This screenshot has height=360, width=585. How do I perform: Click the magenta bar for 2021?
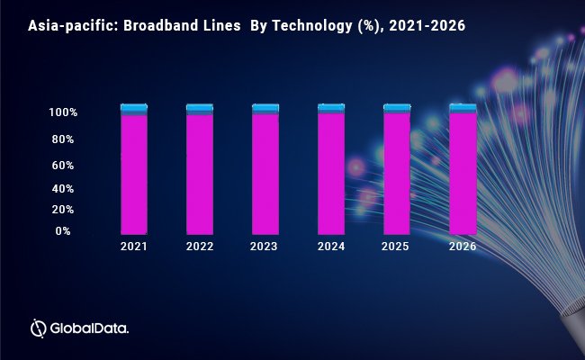click(134, 174)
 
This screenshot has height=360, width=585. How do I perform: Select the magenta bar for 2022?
click(200, 174)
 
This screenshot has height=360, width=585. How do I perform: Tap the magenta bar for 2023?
click(265, 174)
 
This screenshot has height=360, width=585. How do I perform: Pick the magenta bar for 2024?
click(331, 174)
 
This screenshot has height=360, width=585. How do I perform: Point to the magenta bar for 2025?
click(397, 174)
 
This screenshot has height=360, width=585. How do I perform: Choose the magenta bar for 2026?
click(463, 174)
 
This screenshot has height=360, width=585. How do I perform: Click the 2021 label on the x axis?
click(134, 245)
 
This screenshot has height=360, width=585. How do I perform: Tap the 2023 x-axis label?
click(265, 245)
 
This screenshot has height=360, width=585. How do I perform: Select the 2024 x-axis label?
click(331, 245)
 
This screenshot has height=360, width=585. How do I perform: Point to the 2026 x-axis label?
click(463, 245)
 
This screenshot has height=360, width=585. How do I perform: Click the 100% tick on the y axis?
click(64, 113)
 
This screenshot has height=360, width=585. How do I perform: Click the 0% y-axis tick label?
click(63, 231)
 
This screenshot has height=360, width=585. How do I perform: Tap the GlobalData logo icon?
click(39, 328)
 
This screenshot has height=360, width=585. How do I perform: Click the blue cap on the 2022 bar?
click(200, 107)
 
